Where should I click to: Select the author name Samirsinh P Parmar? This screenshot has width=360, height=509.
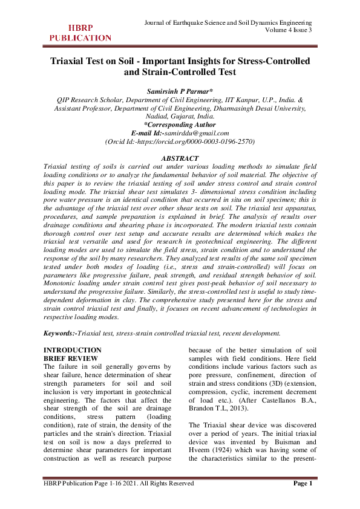click(180, 91)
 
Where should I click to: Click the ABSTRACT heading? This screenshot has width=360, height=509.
click(180, 158)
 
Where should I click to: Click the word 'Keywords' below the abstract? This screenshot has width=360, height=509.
click(59, 333)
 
